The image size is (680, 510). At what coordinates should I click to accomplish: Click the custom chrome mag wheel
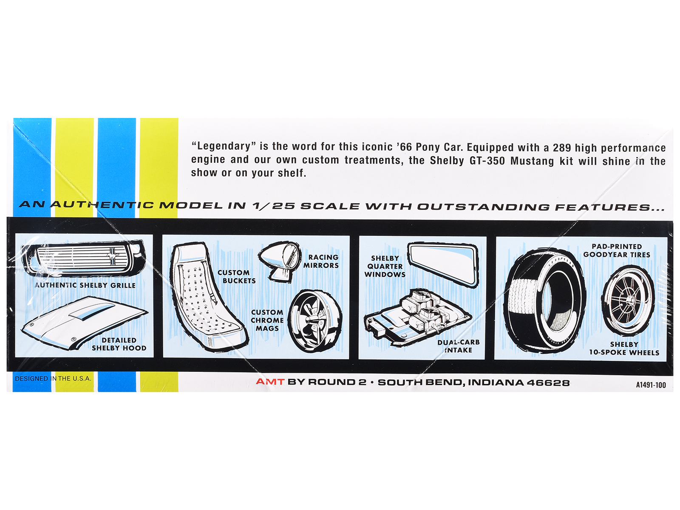pyautogui.click(x=315, y=321)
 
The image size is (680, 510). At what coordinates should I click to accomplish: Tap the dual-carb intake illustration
pyautogui.click(x=418, y=318)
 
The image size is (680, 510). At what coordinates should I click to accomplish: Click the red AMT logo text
pyautogui.click(x=270, y=382)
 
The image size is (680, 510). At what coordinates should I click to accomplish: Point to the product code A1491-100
pyautogui.click(x=651, y=385)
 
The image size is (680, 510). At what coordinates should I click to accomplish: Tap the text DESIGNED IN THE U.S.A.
pyautogui.click(x=53, y=378)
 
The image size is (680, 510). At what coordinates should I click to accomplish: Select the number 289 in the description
pyautogui.click(x=562, y=148)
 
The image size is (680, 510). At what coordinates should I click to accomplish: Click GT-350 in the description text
pyautogui.click(x=487, y=161)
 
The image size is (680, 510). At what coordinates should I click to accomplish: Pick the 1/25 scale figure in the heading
pyautogui.click(x=273, y=206)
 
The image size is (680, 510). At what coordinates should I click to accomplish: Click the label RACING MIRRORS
pyautogui.click(x=321, y=261)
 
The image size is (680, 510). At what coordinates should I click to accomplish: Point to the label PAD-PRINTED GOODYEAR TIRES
pyautogui.click(x=617, y=250)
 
